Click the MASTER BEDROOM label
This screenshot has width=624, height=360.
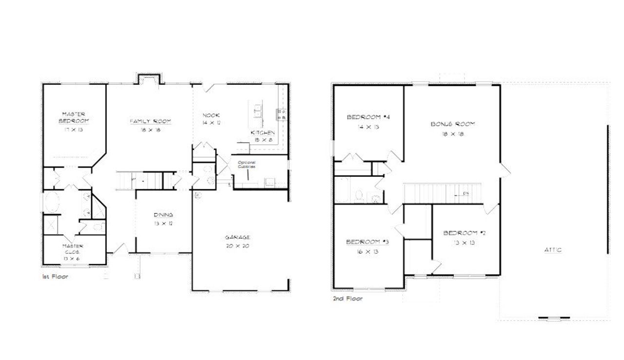(74, 117)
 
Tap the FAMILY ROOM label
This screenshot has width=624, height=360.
(150, 121)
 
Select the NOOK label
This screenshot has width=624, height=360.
(212, 115)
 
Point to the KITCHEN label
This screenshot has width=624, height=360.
(263, 133)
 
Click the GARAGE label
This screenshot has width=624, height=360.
(237, 237)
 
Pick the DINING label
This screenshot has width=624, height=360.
(163, 215)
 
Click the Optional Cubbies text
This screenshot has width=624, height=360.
(247, 164)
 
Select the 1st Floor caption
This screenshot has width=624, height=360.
(55, 276)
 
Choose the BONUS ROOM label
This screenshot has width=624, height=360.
(452, 124)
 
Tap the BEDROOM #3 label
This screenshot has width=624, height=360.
(367, 242)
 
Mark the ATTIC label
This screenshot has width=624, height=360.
(553, 250)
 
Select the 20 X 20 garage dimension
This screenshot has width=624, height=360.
(237, 246)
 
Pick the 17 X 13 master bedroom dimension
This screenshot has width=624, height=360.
(74, 130)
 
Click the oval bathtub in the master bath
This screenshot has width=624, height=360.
(52, 202)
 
